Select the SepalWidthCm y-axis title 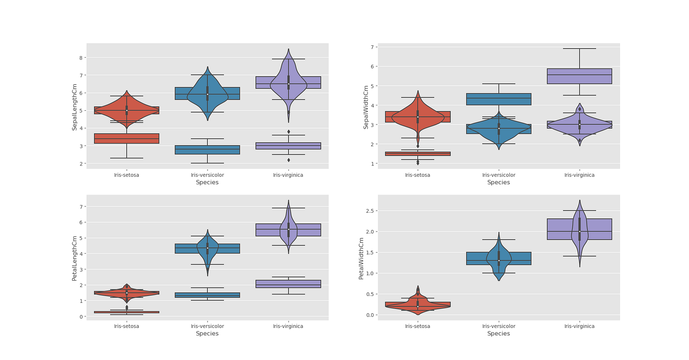tap(366, 107)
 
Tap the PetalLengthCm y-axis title tap(75, 258)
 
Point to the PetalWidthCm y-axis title tap(361, 258)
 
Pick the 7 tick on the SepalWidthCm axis tap(373, 47)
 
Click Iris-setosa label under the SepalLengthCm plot tap(126, 175)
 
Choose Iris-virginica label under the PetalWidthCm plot tap(579, 326)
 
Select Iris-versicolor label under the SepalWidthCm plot tap(499, 175)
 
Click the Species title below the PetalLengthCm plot tap(207, 333)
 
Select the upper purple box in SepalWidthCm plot tap(579, 76)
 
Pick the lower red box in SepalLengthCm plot tap(126, 138)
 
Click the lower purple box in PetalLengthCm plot tap(288, 284)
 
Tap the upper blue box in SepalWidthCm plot tap(499, 99)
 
